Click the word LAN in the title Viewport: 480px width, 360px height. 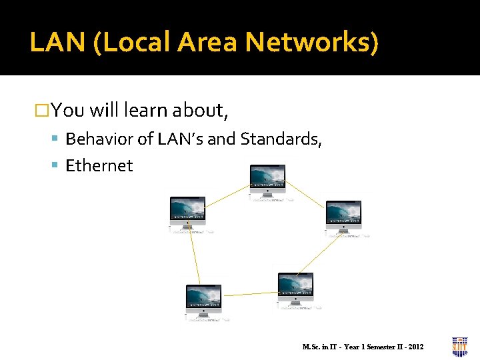point(59,43)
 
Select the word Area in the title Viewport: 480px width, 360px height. point(208,43)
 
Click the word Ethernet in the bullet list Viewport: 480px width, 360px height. point(99,165)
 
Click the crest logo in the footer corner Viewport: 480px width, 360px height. point(460,346)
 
